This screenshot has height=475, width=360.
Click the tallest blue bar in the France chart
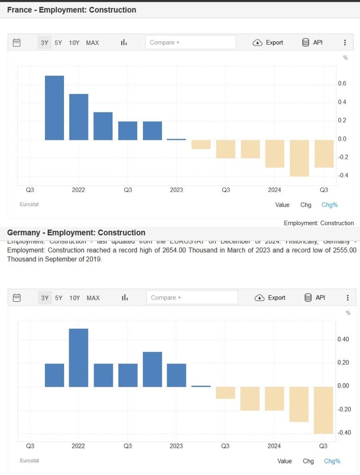coord(54,108)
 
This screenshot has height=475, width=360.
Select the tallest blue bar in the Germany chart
coord(78,358)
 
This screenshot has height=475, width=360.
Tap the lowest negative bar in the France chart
coord(299,158)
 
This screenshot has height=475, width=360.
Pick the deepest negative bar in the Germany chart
coord(323,410)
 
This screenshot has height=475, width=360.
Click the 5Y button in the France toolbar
coord(58,43)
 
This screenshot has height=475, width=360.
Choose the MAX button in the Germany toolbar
coord(93,298)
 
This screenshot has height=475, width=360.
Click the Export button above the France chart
coord(268,43)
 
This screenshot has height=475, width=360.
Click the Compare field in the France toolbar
coord(190,43)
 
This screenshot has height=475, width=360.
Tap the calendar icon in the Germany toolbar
coord(17,298)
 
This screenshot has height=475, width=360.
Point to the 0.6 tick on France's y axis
coord(342,84)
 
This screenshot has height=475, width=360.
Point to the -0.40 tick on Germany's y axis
coord(343,433)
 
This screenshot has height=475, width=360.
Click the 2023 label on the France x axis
coord(176,190)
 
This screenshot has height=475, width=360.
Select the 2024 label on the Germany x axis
coord(274,446)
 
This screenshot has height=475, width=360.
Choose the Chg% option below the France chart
coord(329,205)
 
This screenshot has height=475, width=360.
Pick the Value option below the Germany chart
coord(284,461)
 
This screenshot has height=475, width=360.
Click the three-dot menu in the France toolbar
coord(345,43)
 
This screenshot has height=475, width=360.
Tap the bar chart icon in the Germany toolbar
coord(124,298)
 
